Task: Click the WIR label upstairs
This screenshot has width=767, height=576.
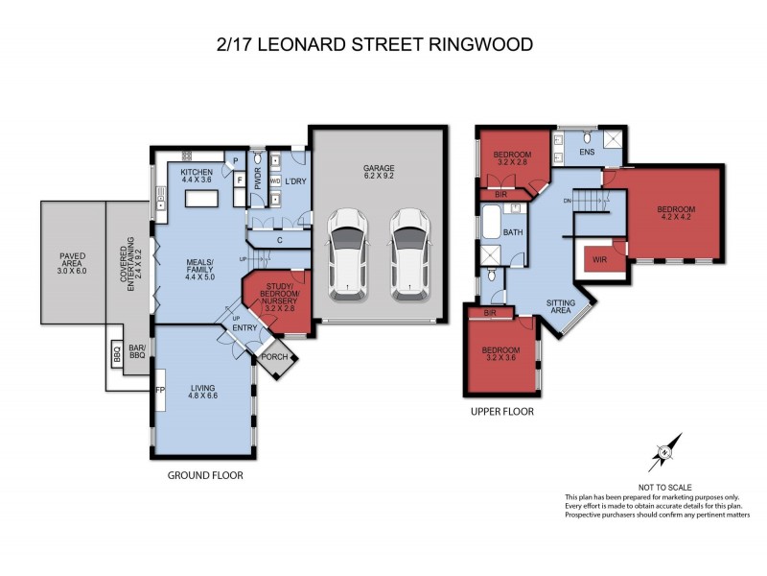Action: point(601,258)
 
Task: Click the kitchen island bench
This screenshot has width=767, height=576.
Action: point(204,198)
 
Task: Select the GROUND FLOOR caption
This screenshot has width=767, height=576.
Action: point(205,475)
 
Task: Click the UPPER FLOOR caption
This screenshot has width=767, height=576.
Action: point(501,411)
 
